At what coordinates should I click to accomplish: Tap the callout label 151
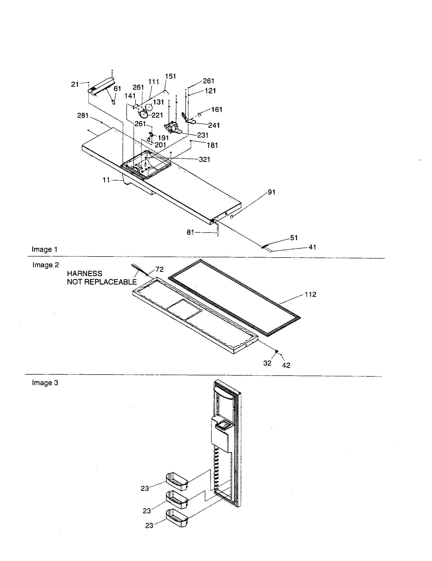pos(170,76)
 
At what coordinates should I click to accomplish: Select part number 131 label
pos(158,102)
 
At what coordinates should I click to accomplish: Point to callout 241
pos(214,125)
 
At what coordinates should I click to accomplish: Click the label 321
pos(205,160)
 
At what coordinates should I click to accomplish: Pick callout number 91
pos(272,192)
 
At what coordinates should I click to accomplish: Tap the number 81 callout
pos(190,233)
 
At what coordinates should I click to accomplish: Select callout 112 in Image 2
pos(310,294)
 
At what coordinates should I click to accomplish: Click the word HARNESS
pos(84,273)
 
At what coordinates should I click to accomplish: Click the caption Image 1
pos(44,249)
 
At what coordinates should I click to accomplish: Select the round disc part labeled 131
pos(148,106)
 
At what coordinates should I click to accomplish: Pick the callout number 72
pos(159,270)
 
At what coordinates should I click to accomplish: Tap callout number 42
pos(286,365)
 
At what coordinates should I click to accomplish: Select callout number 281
pos(83,116)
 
